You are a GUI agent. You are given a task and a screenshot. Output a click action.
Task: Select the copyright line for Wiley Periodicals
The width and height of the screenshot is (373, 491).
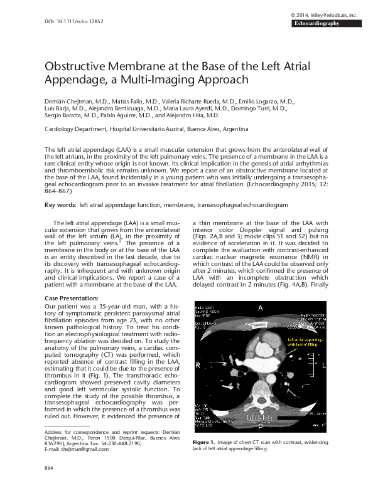(323, 14)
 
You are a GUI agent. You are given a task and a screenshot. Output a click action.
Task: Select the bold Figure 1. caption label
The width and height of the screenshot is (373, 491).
(204, 443)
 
